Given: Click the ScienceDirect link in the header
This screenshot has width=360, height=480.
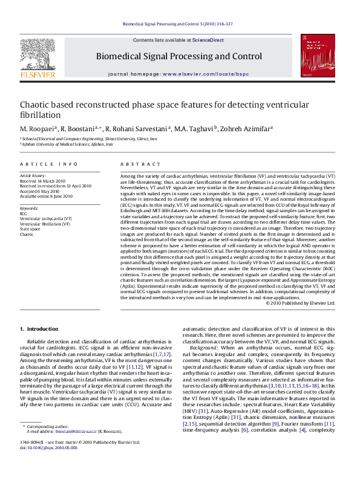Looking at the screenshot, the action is [208, 41].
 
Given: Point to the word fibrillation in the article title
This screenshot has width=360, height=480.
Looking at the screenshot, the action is [41, 114].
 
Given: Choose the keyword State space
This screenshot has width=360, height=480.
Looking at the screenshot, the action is [31, 229].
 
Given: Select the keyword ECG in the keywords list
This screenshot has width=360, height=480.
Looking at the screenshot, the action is [24, 213].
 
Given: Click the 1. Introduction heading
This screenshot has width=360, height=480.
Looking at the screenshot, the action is [40, 329].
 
